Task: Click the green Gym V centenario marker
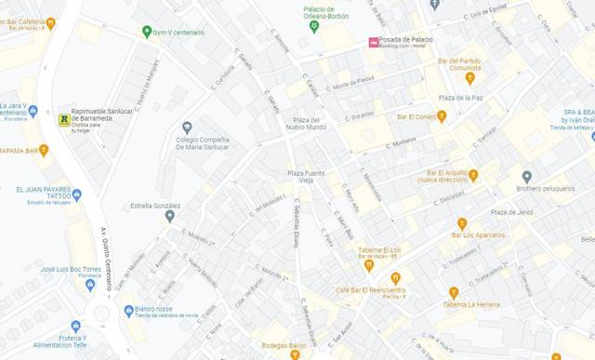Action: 147,32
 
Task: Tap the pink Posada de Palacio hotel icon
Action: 374,42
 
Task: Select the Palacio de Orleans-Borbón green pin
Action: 314,26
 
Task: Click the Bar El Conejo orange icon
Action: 442,116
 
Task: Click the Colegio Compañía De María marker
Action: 187,127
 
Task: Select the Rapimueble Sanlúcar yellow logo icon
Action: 63,119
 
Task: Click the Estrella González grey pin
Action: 169,216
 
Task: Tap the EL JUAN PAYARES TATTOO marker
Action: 77,195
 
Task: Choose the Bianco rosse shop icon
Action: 129,310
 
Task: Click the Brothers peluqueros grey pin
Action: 526,177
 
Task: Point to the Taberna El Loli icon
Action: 369,265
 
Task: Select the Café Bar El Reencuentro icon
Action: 396,278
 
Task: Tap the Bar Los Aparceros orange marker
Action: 462,223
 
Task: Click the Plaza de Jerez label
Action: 512,212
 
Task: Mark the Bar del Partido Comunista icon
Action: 469,78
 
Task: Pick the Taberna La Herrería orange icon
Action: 454,292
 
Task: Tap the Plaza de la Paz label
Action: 459,98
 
